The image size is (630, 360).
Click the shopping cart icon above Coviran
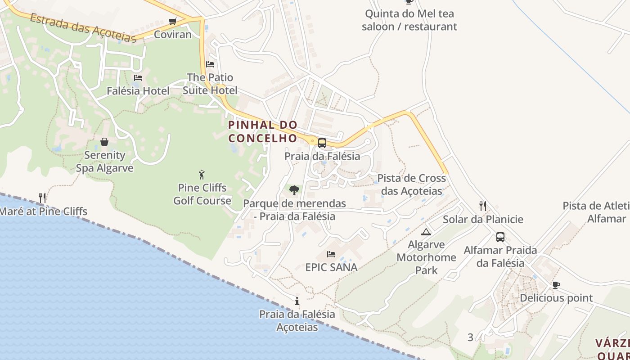tap(172, 21)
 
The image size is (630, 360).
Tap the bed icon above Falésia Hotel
tap(138, 78)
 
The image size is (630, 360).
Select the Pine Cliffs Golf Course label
tap(202, 194)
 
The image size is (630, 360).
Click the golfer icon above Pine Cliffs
tap(202, 175)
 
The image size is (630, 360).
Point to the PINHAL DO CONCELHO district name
tap(263, 131)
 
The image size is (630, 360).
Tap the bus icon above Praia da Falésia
tap(322, 143)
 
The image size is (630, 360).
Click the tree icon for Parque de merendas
tap(294, 190)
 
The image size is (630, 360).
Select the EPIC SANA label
tap(331, 267)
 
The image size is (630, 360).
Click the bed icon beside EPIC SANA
tap(331, 254)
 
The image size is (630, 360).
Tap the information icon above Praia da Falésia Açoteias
tap(297, 301)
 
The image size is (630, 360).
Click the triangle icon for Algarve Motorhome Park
tap(426, 232)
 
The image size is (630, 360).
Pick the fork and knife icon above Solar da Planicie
tap(483, 206)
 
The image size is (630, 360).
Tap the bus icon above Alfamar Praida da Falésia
tap(500, 237)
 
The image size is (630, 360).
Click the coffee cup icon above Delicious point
tap(556, 285)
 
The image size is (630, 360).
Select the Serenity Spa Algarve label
tap(104, 162)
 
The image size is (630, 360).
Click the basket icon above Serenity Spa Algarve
tap(104, 142)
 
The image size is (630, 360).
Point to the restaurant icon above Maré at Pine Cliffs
tap(42, 198)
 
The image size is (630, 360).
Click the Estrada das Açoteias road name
tap(83, 28)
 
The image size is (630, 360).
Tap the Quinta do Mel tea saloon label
tap(409, 20)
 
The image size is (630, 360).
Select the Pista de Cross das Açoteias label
tap(411, 184)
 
